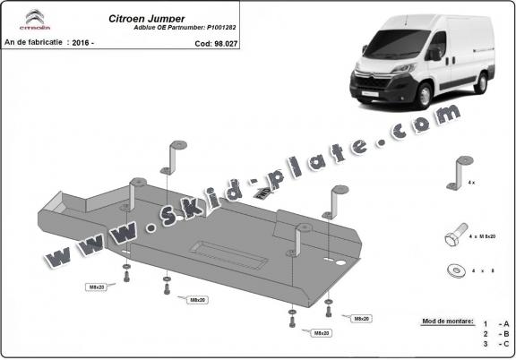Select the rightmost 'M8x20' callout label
[x=361, y=319]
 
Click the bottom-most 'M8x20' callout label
[x=322, y=333]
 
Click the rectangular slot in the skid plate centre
[x=230, y=253]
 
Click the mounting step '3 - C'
[x=495, y=344]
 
